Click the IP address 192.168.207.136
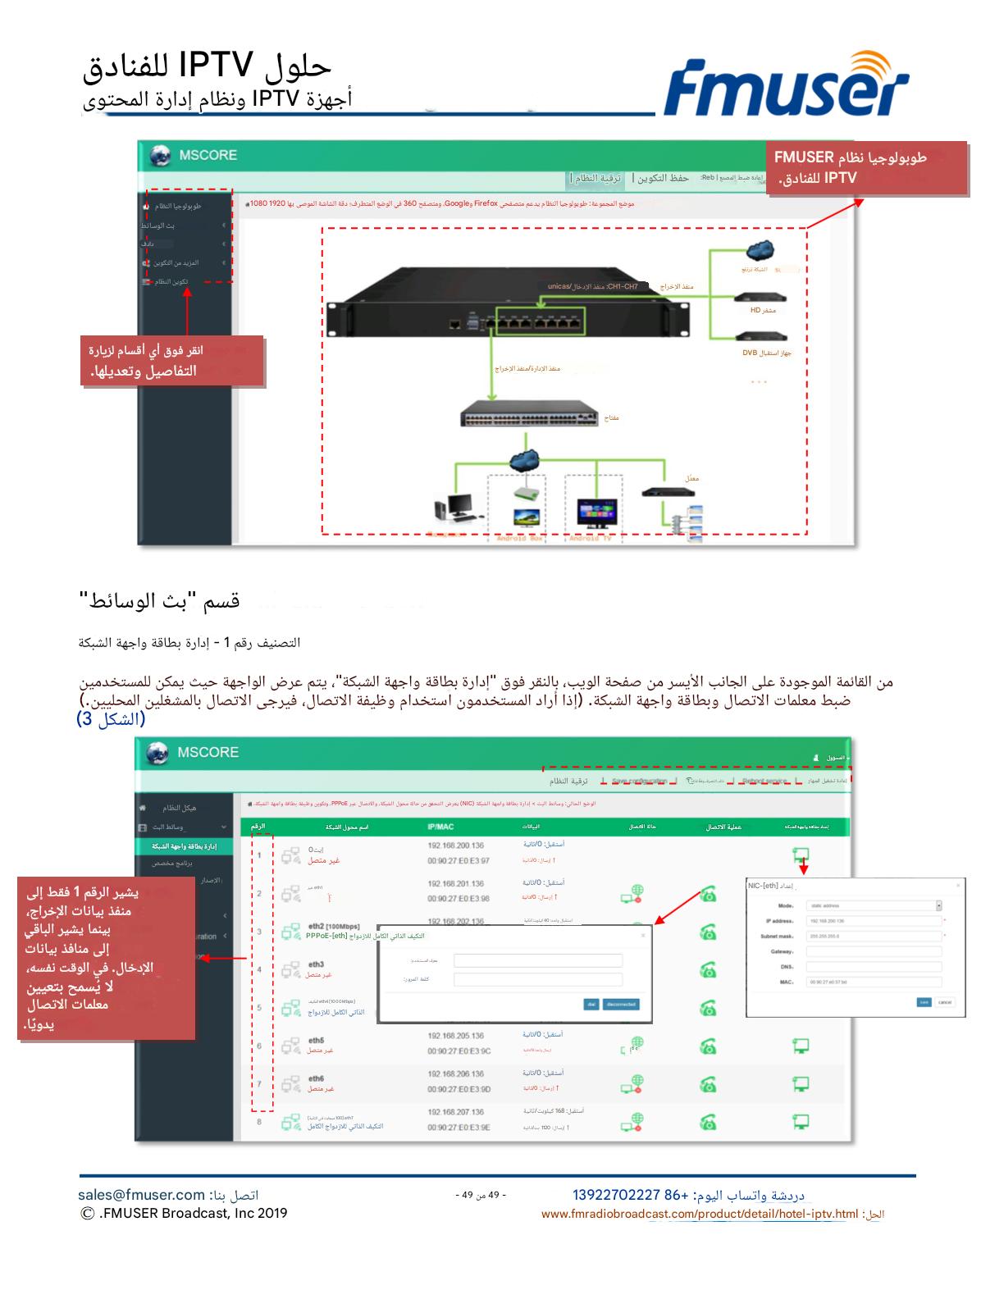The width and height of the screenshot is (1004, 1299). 455,1112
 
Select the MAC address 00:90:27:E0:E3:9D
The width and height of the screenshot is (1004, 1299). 459,1089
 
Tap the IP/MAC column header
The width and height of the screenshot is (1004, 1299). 440,827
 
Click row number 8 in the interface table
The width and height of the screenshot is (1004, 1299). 259,1121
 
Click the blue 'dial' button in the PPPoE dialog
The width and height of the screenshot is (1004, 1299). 591,1004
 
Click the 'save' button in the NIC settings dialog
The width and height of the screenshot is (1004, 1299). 924,1002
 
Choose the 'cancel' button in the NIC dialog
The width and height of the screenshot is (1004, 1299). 945,1002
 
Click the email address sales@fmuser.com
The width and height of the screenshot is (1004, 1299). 141,1195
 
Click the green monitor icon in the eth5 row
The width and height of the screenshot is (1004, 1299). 801,1046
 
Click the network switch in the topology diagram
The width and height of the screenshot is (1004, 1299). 529,413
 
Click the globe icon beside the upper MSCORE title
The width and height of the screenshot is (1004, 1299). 160,156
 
